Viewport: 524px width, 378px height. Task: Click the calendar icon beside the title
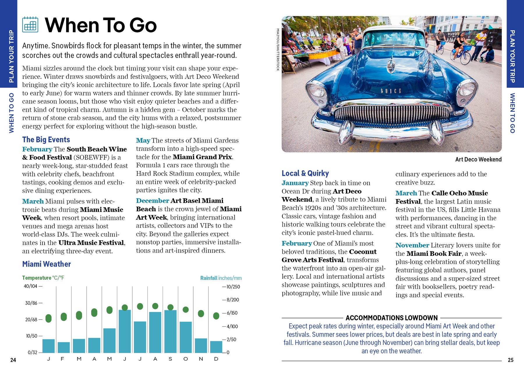(x=30, y=24)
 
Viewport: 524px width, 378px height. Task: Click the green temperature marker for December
(x=216, y=316)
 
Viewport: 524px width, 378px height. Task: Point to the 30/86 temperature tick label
(x=31, y=303)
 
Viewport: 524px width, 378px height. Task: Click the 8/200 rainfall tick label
(x=233, y=300)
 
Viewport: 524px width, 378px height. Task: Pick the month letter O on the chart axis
(x=185, y=359)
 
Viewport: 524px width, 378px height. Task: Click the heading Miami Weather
(x=47, y=264)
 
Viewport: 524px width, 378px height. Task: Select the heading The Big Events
(x=46, y=140)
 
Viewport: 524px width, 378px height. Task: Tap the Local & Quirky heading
(x=305, y=173)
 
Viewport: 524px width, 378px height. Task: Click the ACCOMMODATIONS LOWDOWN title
(x=392, y=318)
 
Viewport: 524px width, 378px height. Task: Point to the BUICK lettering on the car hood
(x=391, y=91)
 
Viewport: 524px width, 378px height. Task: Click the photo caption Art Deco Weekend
(x=478, y=159)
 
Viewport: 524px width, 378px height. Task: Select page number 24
(x=13, y=360)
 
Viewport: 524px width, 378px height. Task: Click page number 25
(x=511, y=360)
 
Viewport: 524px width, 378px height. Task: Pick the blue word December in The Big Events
(x=152, y=201)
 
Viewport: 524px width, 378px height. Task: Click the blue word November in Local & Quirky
(x=412, y=245)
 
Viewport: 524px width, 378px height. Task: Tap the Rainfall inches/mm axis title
(x=221, y=278)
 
